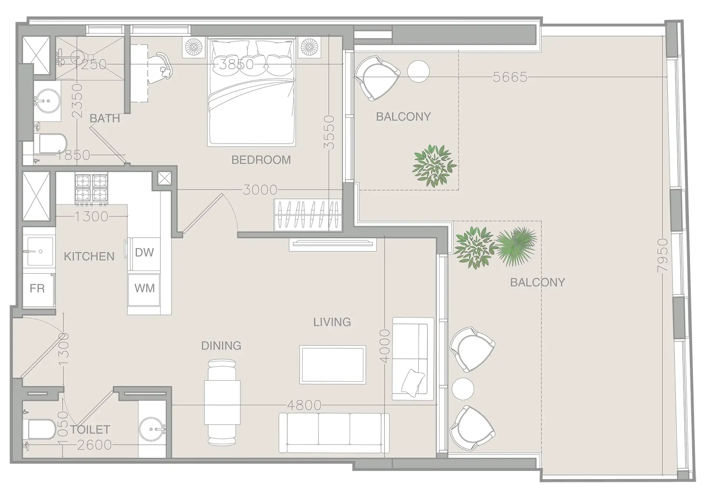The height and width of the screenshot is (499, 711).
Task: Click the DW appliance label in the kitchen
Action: [x=144, y=252]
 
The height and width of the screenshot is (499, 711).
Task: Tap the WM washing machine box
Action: [x=144, y=288]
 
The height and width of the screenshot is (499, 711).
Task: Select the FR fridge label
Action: [x=37, y=288]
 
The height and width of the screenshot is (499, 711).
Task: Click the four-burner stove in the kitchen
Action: [x=91, y=188]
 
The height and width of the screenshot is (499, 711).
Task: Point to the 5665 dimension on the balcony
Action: [x=510, y=77]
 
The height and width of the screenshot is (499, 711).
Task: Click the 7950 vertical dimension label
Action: [x=662, y=256]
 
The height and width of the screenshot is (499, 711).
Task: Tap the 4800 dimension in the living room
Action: [x=304, y=405]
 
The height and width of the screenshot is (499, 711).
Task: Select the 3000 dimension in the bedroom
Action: [x=260, y=190]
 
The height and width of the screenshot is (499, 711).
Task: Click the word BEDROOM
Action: [x=261, y=160]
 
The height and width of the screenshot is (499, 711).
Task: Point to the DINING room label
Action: [x=221, y=346]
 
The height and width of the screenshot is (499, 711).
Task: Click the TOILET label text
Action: [x=90, y=430]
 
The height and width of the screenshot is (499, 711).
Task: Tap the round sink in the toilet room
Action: [x=152, y=429]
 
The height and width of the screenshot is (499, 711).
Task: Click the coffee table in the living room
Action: [x=333, y=365]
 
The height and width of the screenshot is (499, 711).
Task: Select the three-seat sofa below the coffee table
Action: [x=334, y=433]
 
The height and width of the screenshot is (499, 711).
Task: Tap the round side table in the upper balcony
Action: [x=418, y=71]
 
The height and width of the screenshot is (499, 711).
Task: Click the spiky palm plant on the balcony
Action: [x=516, y=246]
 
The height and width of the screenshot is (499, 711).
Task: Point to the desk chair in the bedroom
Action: [x=162, y=67]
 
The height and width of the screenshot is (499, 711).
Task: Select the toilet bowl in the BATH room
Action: [x=52, y=144]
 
